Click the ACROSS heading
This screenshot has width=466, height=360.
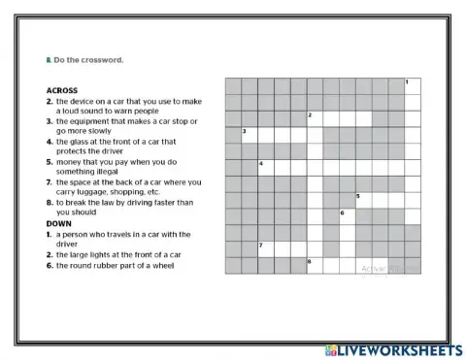(61, 90)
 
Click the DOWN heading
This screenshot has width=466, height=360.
(59, 223)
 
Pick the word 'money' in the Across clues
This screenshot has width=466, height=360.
(71, 161)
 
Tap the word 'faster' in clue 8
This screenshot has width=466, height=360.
(166, 203)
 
